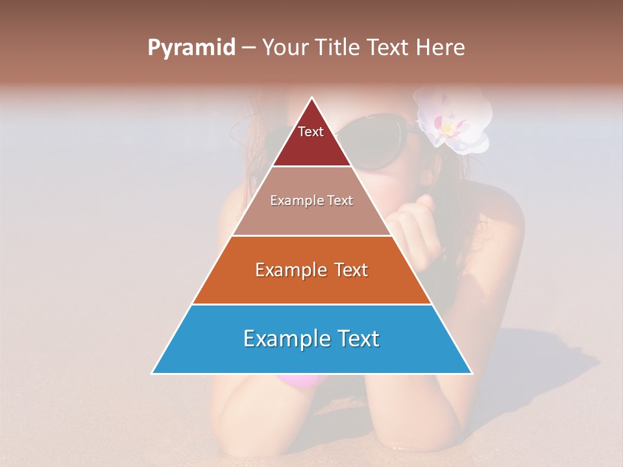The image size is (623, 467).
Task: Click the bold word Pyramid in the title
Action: click(191, 48)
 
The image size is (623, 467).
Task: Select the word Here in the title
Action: click(441, 47)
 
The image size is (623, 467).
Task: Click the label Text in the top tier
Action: click(310, 132)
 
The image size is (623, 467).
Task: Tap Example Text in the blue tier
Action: click(311, 339)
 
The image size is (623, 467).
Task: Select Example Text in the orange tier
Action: click(311, 270)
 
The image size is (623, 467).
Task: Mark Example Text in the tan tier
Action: click(311, 200)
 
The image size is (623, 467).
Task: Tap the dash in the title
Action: click(249, 48)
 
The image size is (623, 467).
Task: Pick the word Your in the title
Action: click(285, 47)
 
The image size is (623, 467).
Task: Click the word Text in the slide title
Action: click(389, 47)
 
